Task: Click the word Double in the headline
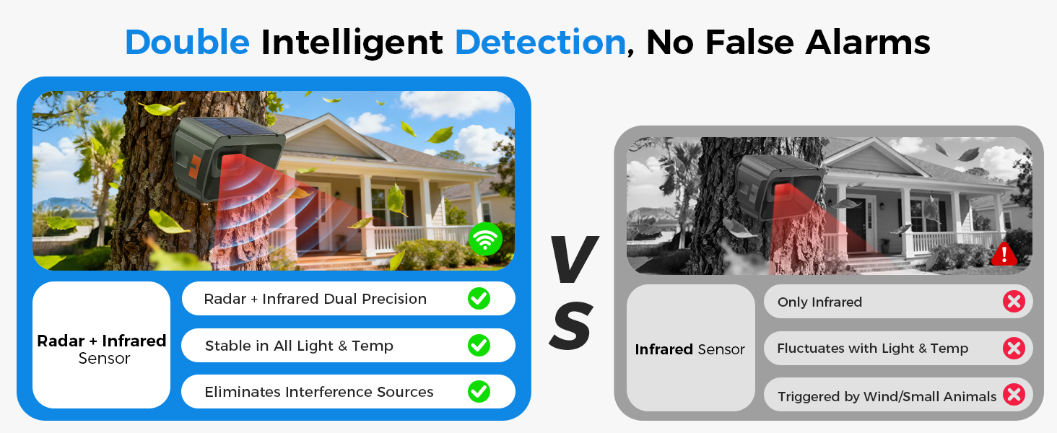[x=187, y=43]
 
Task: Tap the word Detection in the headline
[x=540, y=43]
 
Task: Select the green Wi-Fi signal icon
[x=485, y=239]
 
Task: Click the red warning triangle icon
[x=1004, y=254]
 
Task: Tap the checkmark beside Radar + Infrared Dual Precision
[x=479, y=299]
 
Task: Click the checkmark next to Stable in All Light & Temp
[x=479, y=345]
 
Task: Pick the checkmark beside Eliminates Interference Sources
[x=479, y=391]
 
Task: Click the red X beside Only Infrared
[x=1014, y=302]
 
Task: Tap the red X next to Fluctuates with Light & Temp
[x=1014, y=348]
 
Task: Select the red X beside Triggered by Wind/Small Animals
[x=1014, y=395]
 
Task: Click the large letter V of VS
[x=575, y=258]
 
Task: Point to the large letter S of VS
[x=571, y=326]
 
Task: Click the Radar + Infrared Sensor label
[x=102, y=349]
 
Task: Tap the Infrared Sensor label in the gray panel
[x=690, y=349]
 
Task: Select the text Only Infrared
[x=819, y=302]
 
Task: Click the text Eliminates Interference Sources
[x=319, y=392]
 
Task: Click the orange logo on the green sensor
[x=194, y=168]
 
